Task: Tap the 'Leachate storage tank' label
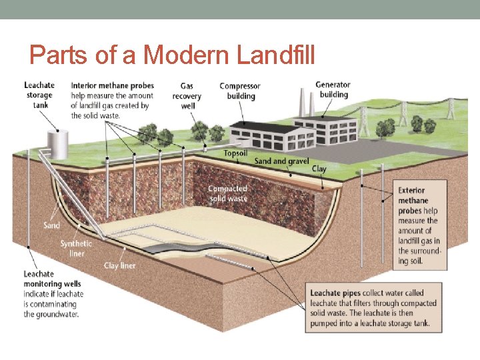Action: pyautogui.click(x=39, y=95)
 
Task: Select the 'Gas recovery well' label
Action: pyautogui.click(x=187, y=95)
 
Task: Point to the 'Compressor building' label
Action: pyautogui.click(x=240, y=91)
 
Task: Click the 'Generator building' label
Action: pyautogui.click(x=333, y=89)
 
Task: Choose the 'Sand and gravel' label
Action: pyautogui.click(x=281, y=161)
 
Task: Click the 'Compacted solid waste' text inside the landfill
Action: pyautogui.click(x=227, y=193)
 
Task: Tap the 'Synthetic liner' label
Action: pyautogui.click(x=76, y=248)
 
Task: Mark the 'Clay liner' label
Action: pyautogui.click(x=119, y=266)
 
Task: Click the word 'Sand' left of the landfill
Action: pyautogui.click(x=51, y=225)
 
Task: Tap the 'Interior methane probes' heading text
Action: pyautogui.click(x=112, y=85)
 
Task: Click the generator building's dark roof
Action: pyautogui.click(x=333, y=119)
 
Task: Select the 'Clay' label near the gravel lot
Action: pyautogui.click(x=319, y=169)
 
